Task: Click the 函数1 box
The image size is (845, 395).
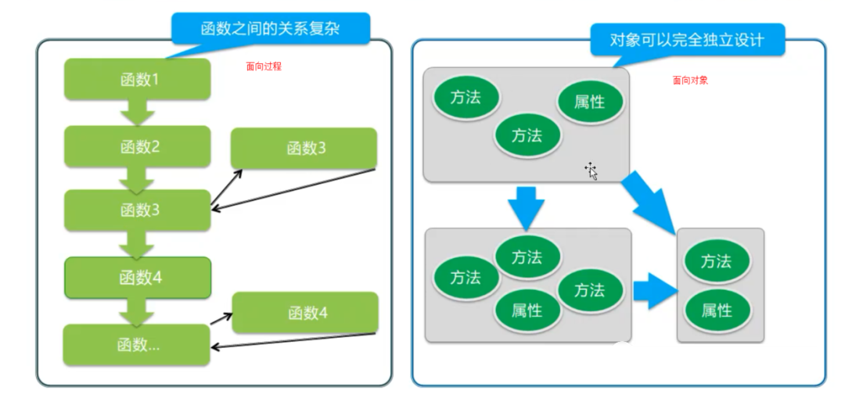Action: tap(138, 79)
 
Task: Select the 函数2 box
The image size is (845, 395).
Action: tap(138, 146)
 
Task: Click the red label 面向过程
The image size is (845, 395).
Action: tap(264, 66)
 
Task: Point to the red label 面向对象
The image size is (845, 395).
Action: tap(690, 81)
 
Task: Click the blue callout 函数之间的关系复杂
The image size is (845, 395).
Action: tap(271, 29)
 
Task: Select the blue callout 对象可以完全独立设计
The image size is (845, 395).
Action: tap(687, 39)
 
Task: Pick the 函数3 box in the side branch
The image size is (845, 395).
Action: tap(304, 148)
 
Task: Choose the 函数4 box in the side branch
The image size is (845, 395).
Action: tap(305, 313)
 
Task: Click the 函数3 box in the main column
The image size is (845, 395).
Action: tap(138, 210)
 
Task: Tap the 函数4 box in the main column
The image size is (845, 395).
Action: tap(138, 278)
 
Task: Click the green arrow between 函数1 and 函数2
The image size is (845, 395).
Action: tap(138, 112)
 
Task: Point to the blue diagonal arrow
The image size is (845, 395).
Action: tap(649, 202)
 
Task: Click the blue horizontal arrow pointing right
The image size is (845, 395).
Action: tap(656, 291)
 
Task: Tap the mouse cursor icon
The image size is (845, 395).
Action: tap(591, 171)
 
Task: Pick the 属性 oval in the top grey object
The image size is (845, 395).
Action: tap(590, 102)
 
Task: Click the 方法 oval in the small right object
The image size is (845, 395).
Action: tap(717, 261)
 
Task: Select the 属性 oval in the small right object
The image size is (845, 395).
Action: tap(717, 311)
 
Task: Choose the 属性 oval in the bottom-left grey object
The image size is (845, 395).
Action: tap(527, 311)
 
